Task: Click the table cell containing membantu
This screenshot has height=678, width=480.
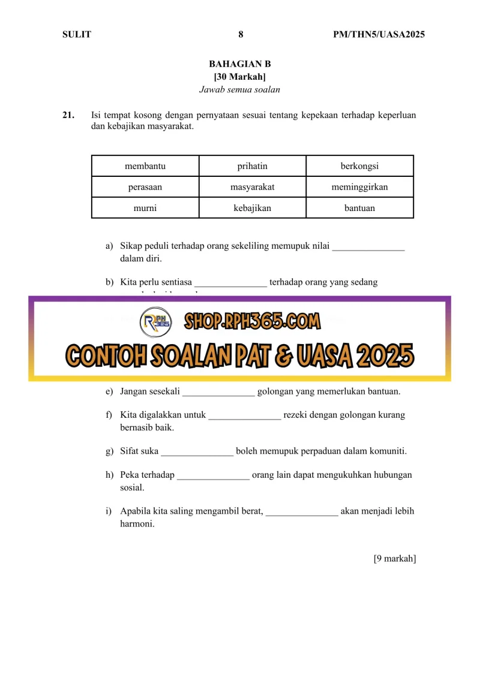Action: pos(145,166)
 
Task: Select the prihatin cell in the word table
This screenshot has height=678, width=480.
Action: pos(252,166)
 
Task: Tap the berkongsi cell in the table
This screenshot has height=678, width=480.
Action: pos(359,166)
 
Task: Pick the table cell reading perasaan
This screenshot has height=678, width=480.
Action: pos(145,187)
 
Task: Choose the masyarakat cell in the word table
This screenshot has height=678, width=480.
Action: pos(252,187)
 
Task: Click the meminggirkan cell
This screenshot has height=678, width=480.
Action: pos(359,187)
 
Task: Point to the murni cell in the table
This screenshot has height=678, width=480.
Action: pos(145,208)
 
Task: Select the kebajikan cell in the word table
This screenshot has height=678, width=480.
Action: pos(252,208)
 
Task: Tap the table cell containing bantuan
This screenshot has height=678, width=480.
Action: pos(359,208)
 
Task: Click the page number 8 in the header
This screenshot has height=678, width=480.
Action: pos(241,35)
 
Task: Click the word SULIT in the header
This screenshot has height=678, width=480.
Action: pos(77,35)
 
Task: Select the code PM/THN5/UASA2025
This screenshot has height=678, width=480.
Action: pos(379,35)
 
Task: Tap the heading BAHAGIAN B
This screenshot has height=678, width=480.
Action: pos(240,64)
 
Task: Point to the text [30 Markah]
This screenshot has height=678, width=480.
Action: pos(240,77)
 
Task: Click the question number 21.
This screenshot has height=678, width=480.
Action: pos(68,114)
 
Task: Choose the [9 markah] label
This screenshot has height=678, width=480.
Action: pos(394,559)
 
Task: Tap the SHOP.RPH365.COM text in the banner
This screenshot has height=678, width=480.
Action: pos(252,322)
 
